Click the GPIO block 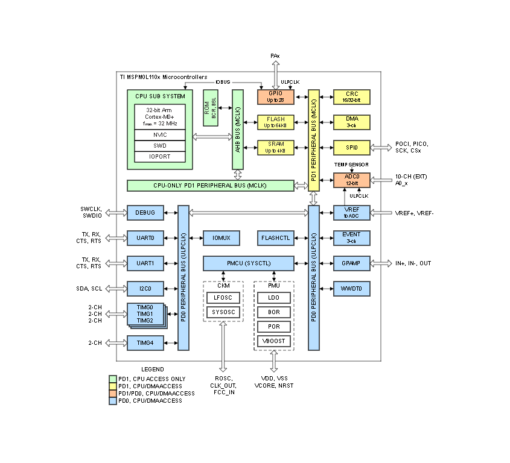click(x=275, y=96)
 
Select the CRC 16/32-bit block click(x=351, y=96)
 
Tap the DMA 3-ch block click(x=351, y=122)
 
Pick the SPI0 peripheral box click(x=351, y=148)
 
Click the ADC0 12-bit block click(x=351, y=180)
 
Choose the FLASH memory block click(x=275, y=122)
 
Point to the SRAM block click(x=275, y=148)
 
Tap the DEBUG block click(x=145, y=212)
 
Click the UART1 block click(x=145, y=263)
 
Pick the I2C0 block click(x=145, y=289)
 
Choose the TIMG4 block click(x=145, y=342)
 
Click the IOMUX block click(x=221, y=238)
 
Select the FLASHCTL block click(x=275, y=238)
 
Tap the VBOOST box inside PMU click(x=273, y=341)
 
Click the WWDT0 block click(x=351, y=289)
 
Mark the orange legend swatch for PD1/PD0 click(x=113, y=393)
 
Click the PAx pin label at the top click(x=275, y=55)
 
